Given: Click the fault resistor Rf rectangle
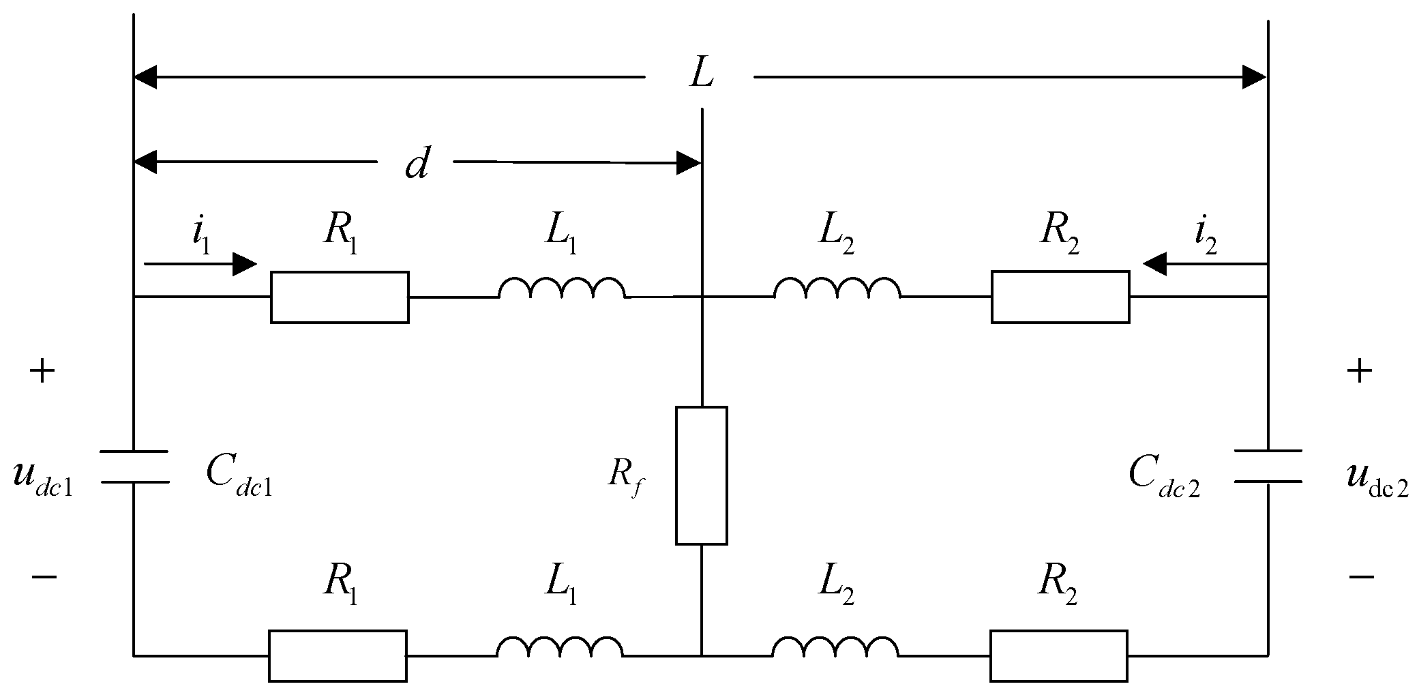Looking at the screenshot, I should [x=701, y=475].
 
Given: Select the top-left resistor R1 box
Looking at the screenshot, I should [x=340, y=297].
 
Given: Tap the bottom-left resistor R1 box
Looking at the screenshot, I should [x=338, y=655].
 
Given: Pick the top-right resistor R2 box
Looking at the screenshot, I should [x=1060, y=297].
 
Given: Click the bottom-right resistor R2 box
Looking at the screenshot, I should [x=1058, y=655].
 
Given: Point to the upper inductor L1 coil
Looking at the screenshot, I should [x=561, y=289].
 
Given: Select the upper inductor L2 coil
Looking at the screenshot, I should [x=837, y=289].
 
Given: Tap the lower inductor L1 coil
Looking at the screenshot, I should [x=559, y=648].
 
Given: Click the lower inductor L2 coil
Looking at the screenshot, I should [x=835, y=648].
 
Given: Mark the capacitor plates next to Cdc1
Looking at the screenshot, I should [x=134, y=467].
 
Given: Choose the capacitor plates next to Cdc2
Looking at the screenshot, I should [x=1268, y=466].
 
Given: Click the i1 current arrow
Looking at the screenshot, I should [x=200, y=263].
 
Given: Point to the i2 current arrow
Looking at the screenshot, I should [x=1204, y=263].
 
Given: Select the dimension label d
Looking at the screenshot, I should [x=416, y=164].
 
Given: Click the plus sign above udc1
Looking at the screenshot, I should [x=42, y=372].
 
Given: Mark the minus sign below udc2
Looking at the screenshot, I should [x=1360, y=577].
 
